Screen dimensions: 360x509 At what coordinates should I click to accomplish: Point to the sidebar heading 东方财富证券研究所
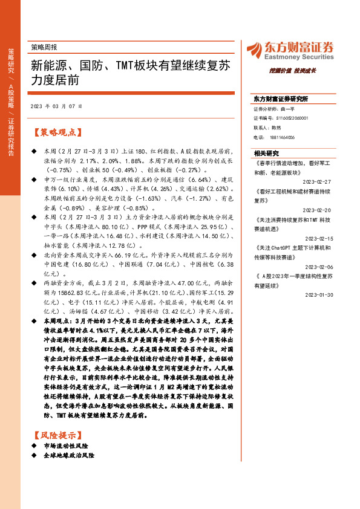[280, 99]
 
